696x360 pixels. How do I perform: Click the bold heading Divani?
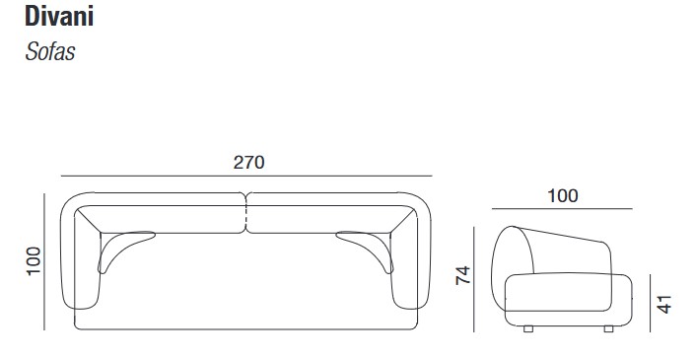[59, 17]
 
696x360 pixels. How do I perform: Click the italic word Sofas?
[49, 51]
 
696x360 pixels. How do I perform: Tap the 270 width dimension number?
[248, 163]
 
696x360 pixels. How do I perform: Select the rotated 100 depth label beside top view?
[34, 261]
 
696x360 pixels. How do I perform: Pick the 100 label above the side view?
[562, 195]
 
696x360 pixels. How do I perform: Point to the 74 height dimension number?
[463, 275]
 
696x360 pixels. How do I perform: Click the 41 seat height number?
[664, 304]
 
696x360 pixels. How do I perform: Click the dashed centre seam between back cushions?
[246, 214]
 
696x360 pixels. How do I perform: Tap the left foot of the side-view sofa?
[528, 328]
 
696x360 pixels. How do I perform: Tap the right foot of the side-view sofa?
[608, 328]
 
